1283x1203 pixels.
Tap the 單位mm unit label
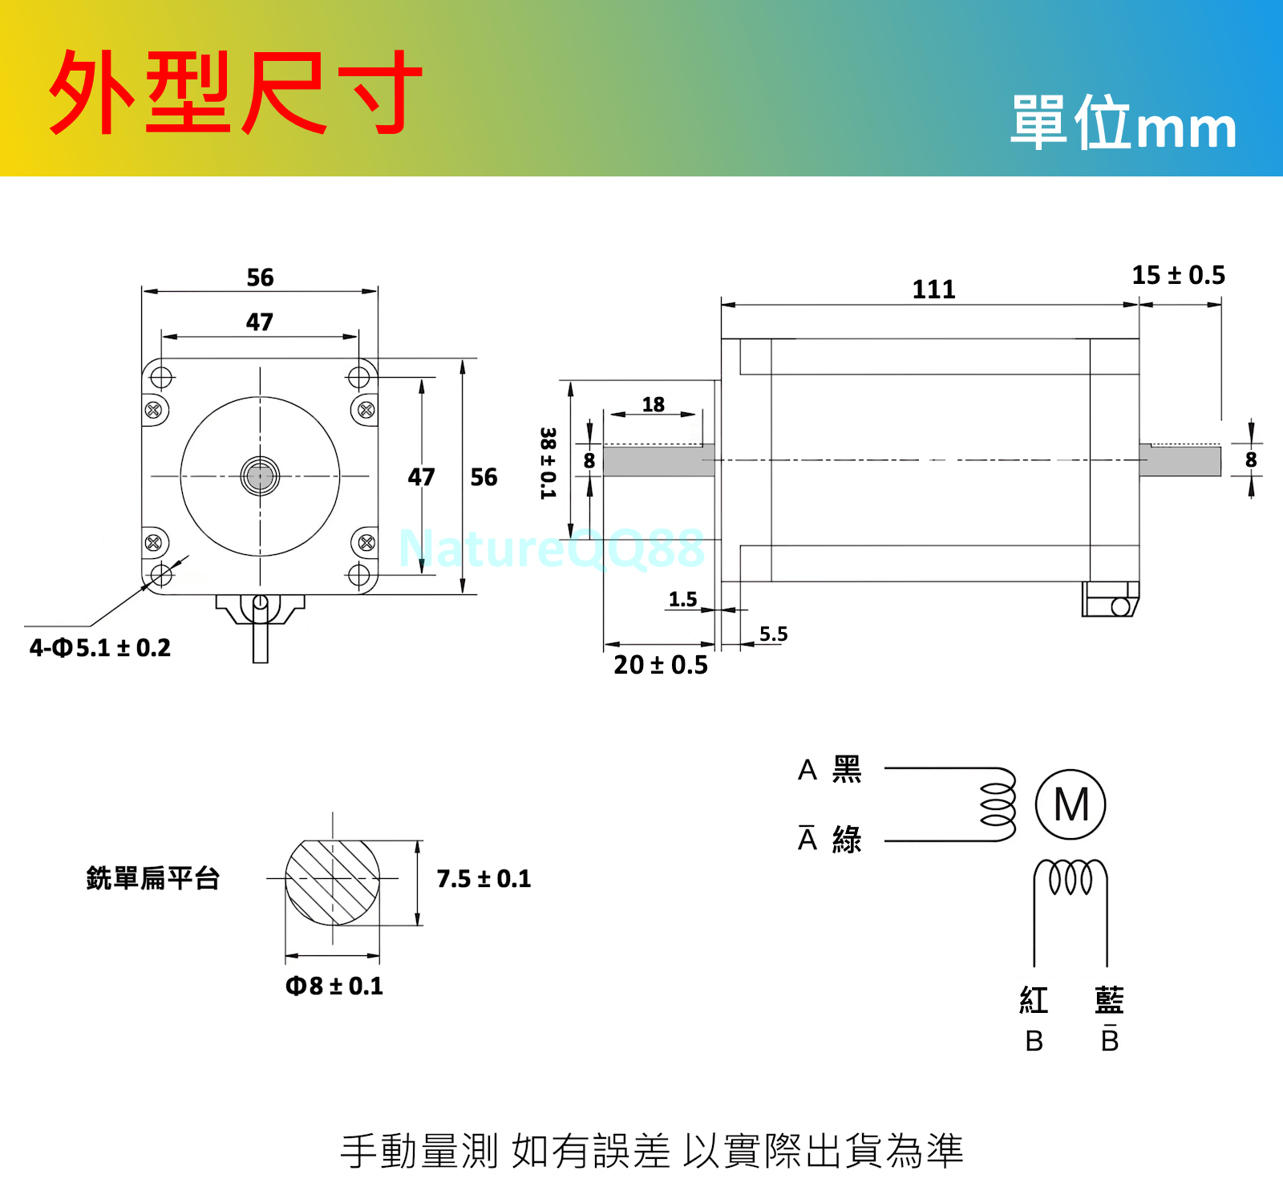tap(1123, 124)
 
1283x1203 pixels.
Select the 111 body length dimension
tap(933, 290)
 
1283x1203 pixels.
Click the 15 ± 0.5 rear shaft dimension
tap(1178, 275)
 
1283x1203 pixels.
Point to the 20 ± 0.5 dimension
tap(661, 665)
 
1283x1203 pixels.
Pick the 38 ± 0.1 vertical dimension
tap(548, 463)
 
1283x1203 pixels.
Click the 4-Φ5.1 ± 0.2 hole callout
tap(100, 648)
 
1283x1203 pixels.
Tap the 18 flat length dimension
tap(653, 404)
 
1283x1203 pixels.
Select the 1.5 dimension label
tap(682, 599)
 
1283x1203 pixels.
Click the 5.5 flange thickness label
tap(773, 634)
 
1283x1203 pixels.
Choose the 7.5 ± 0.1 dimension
tap(484, 879)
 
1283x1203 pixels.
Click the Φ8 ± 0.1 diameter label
tap(334, 986)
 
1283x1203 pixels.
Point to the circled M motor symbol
tap(1071, 804)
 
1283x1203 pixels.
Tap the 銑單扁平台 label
tap(152, 878)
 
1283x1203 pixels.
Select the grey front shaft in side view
tap(658, 461)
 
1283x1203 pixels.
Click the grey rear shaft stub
tap(1180, 461)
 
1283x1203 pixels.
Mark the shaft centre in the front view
tap(260, 476)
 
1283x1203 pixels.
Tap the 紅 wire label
tap(1034, 1000)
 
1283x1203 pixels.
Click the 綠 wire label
tap(847, 840)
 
